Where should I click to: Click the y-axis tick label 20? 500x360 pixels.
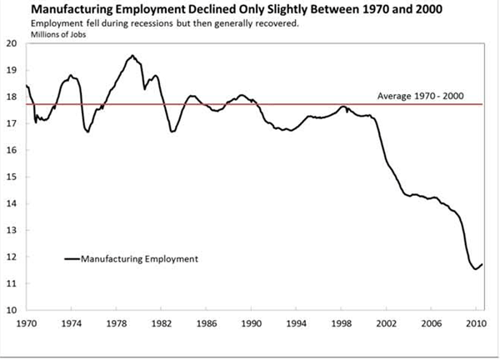pos(12,43)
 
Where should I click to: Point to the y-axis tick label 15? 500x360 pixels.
pos(12,177)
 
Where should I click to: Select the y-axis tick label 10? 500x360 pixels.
pos(12,310)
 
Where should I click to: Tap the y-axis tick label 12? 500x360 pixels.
pos(12,257)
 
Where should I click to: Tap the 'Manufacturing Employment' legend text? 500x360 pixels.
pos(139,259)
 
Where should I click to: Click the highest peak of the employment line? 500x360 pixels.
pos(132,56)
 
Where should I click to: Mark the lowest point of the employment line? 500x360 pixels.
pos(475,269)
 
